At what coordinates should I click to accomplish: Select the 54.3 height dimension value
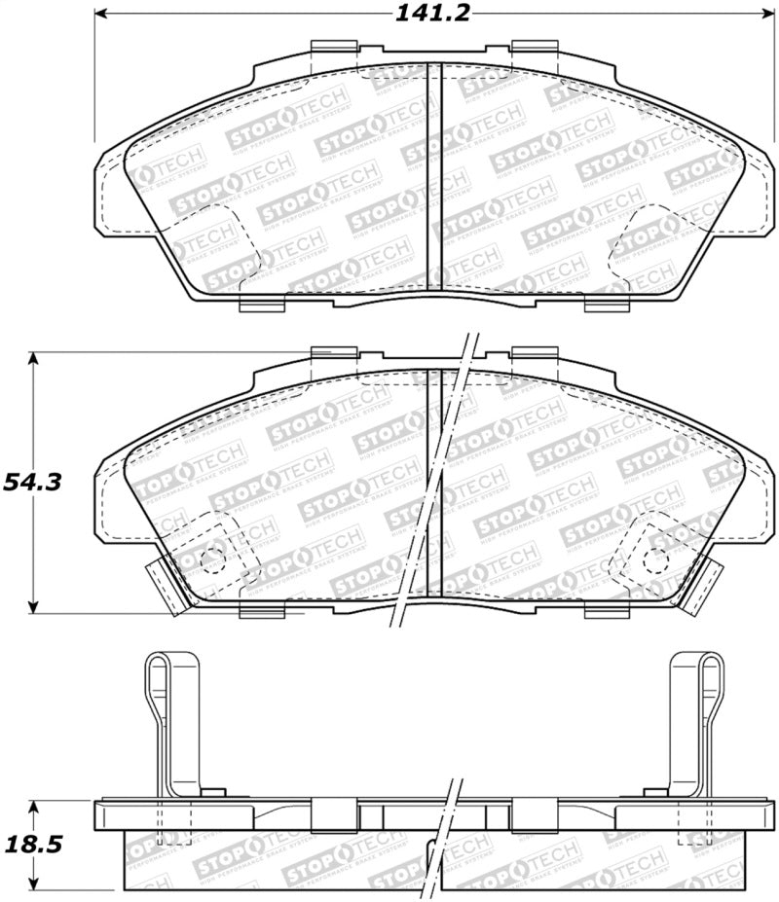point(33,483)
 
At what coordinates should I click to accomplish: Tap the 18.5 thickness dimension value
point(30,846)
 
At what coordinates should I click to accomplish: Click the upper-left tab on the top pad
point(333,49)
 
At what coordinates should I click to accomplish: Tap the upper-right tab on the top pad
point(534,49)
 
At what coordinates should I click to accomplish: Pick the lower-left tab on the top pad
point(261,304)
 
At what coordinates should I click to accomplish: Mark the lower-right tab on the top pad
point(607,304)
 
